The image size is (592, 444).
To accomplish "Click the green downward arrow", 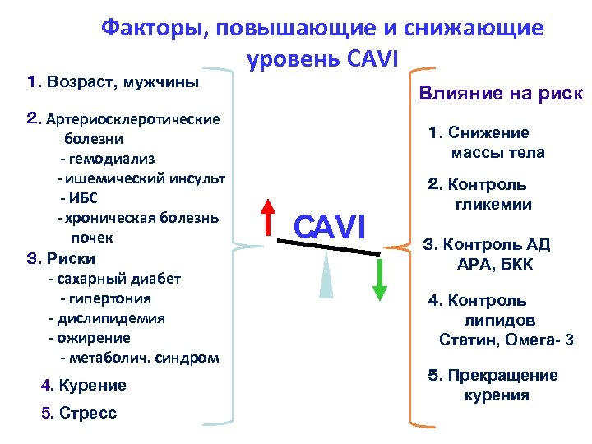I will point(379,280).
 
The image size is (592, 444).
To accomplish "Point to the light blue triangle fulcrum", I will point(326,276).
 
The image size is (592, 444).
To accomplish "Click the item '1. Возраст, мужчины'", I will point(113,82).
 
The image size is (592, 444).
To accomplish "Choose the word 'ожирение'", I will point(94,338).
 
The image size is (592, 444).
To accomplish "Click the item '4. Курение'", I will point(83,385).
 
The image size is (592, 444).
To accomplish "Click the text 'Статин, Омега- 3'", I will point(506,340).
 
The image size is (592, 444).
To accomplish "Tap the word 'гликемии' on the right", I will point(493,205).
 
